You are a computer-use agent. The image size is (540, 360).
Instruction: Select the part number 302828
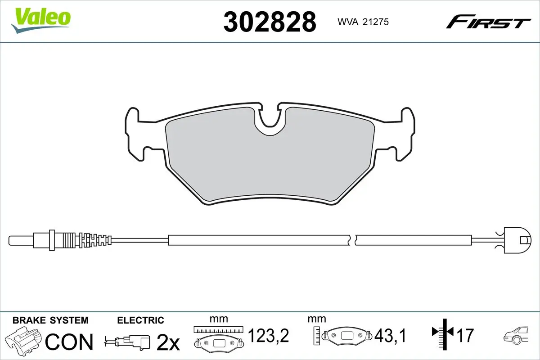[x=270, y=21]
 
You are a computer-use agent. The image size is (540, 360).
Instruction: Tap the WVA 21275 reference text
[x=360, y=21]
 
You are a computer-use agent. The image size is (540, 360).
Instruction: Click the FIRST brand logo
[x=488, y=21]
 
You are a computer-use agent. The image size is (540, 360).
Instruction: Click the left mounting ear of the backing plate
[x=135, y=135]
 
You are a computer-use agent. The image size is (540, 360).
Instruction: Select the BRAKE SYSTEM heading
[x=50, y=320]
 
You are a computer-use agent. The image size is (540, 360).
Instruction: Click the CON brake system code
[x=69, y=342]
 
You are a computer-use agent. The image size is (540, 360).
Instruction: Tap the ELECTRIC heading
[x=140, y=320]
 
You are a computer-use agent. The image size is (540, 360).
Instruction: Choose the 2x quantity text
[x=167, y=343]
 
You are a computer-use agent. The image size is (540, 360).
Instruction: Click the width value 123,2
[x=268, y=336]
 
